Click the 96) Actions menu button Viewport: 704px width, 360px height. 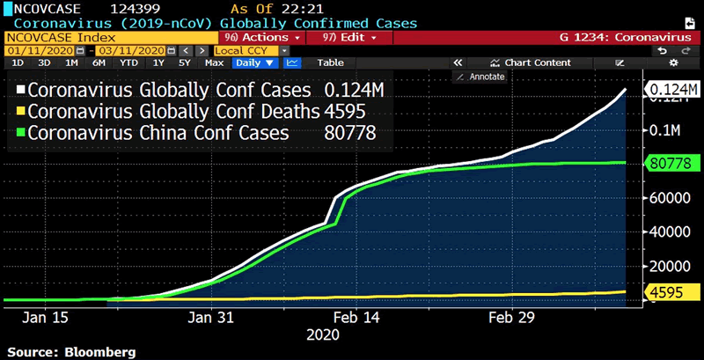[263, 38]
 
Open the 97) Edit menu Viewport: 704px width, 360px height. [350, 38]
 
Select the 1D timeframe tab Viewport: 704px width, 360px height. [18, 62]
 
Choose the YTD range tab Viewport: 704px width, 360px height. [128, 62]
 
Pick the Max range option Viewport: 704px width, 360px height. [214, 62]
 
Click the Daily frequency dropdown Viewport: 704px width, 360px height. [255, 62]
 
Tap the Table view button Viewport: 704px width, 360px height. [330, 62]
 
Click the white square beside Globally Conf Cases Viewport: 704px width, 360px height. [18, 90]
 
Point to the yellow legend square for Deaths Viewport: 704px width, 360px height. [18, 112]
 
